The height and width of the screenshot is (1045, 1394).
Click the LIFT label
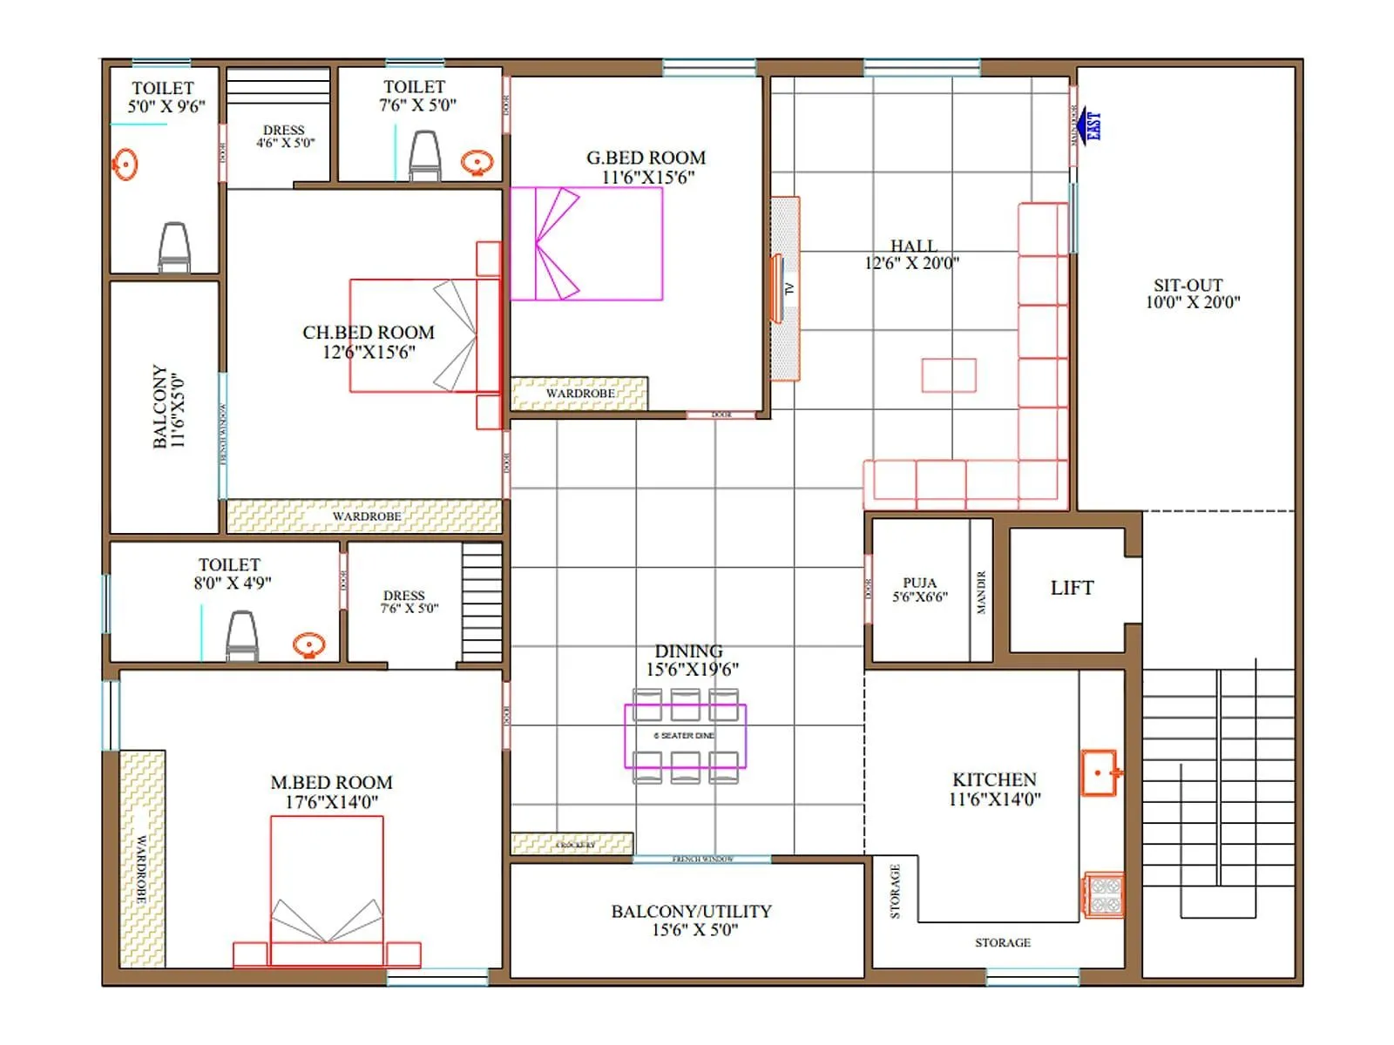(1072, 589)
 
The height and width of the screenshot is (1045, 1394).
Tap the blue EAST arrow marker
(1089, 127)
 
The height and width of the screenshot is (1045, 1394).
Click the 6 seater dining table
(685, 736)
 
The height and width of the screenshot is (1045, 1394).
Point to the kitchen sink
(1100, 772)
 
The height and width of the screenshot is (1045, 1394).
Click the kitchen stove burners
(1104, 896)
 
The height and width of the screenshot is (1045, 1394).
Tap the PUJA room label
(919, 590)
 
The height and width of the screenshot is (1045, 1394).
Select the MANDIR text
(981, 592)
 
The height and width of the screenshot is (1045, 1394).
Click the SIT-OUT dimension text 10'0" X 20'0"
(1192, 303)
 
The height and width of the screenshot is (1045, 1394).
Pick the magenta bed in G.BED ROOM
(585, 244)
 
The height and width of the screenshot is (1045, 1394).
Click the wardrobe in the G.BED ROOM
(579, 394)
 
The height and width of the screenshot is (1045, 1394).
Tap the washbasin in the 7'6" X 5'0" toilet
(477, 162)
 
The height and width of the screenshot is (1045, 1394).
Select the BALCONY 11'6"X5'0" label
(167, 407)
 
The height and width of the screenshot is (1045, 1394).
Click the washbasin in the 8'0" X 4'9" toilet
(309, 645)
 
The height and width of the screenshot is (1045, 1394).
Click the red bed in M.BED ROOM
(327, 888)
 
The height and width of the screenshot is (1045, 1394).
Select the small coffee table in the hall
(949, 375)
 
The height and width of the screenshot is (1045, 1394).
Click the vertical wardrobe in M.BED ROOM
(141, 859)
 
